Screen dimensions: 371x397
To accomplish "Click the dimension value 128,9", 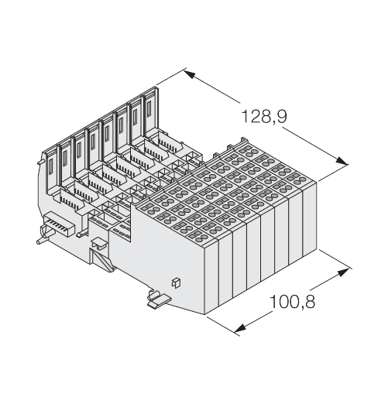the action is pyautogui.click(x=263, y=117).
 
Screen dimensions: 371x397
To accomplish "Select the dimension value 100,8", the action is pyautogui.click(x=292, y=302).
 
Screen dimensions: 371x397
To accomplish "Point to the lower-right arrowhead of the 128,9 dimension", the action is pyautogui.click(x=342, y=160).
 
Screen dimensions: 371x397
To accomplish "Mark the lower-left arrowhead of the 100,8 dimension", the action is pyautogui.click(x=240, y=328).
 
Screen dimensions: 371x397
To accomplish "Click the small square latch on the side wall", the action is pyautogui.click(x=176, y=282).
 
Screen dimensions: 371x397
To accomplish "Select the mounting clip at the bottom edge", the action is pyautogui.click(x=159, y=299).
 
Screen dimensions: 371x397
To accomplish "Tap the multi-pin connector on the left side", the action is pyautogui.click(x=59, y=224).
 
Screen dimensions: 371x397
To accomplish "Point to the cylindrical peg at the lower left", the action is pyautogui.click(x=45, y=236).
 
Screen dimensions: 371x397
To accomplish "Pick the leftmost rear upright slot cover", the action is pyautogui.click(x=51, y=169).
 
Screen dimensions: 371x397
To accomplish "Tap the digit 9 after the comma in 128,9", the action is pyautogui.click(x=281, y=117).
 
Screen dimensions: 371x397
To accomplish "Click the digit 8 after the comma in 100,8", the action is pyautogui.click(x=310, y=302).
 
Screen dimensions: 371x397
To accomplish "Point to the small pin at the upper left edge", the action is pyautogui.click(x=40, y=162).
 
